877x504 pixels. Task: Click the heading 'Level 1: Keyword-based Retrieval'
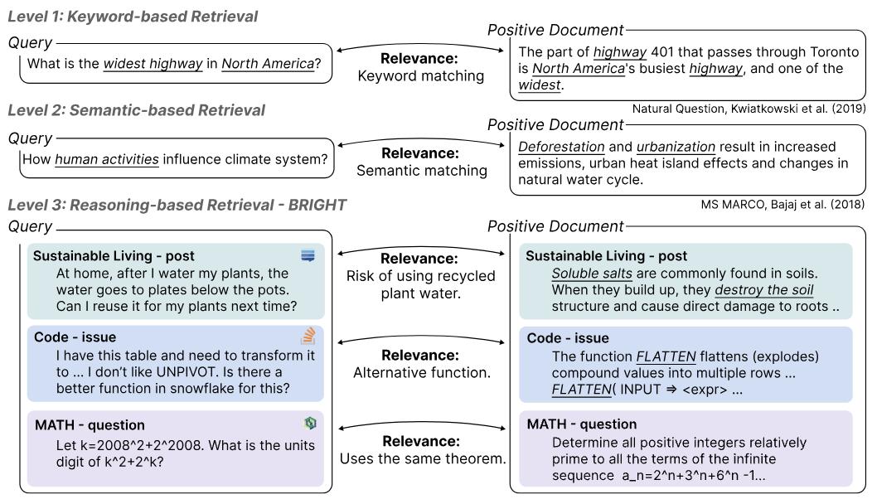click(133, 17)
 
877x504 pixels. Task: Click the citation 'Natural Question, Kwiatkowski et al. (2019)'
click(749, 109)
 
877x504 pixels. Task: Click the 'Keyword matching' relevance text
click(420, 76)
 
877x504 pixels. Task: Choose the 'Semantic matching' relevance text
click(421, 171)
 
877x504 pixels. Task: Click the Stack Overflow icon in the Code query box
click(308, 337)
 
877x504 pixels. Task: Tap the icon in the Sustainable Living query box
click(308, 256)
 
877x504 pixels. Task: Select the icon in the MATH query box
click(309, 424)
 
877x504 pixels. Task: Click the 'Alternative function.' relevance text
click(421, 372)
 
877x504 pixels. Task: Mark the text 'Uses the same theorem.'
click(423, 458)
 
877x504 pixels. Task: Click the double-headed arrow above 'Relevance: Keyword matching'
click(420, 49)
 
